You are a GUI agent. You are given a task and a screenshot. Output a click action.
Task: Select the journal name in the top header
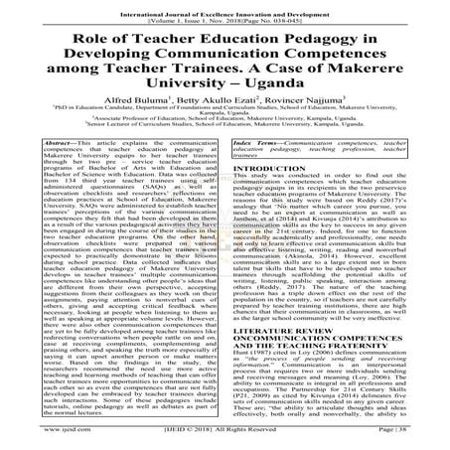pyautogui.click(x=225, y=6)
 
